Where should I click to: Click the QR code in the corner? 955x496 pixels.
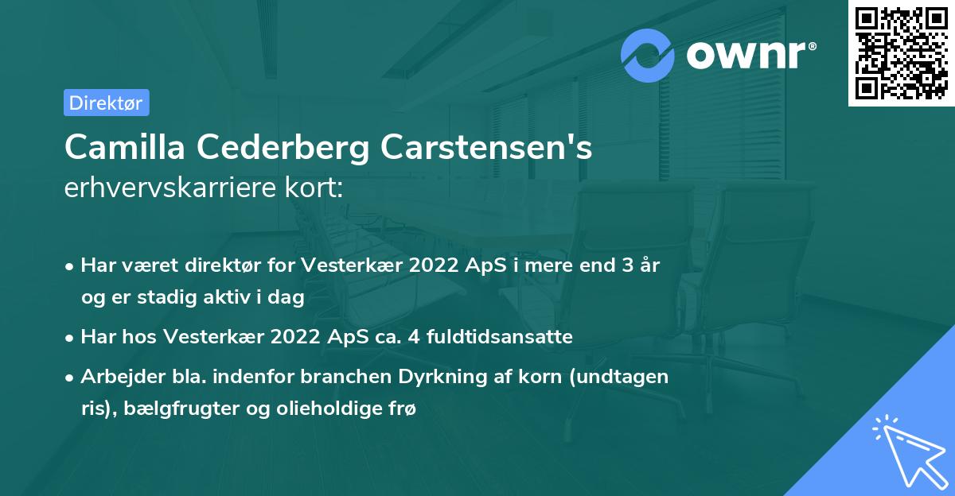click(x=901, y=53)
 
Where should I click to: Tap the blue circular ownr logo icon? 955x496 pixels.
click(x=648, y=56)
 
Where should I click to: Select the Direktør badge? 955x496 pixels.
click(x=106, y=103)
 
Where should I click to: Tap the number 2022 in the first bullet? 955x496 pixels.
click(x=435, y=265)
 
